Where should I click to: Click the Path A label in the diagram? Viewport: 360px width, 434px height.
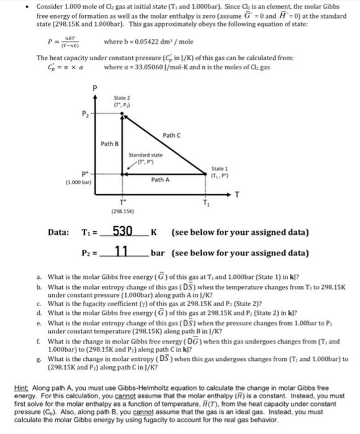(x=160, y=180)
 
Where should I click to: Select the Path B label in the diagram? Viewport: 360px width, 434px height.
(x=111, y=144)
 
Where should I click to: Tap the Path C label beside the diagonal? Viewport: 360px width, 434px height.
(x=173, y=135)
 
